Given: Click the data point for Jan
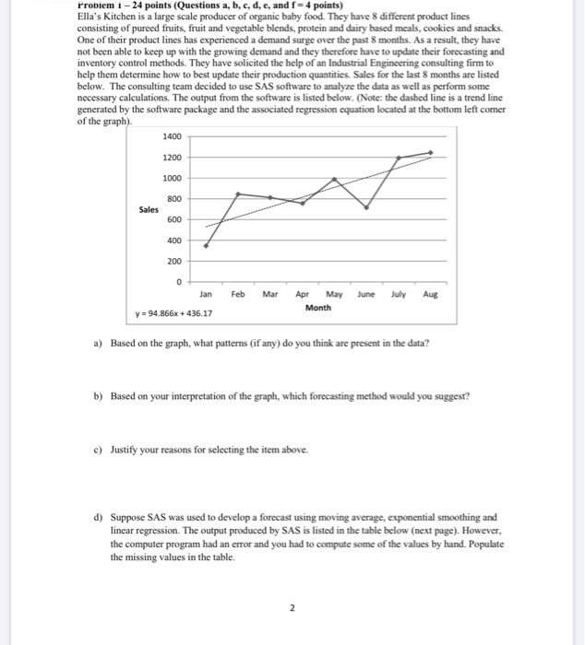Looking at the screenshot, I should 206,247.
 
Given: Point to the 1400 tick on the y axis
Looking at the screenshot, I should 173,136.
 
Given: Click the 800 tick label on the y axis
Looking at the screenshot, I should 174,199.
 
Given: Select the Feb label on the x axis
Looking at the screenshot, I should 238,295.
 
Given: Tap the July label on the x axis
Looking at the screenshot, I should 399,295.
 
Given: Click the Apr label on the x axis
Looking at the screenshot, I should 302,295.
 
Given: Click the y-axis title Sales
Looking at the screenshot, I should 149,210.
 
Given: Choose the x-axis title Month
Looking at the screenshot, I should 318,308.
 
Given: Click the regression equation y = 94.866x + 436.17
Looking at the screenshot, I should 173,313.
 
